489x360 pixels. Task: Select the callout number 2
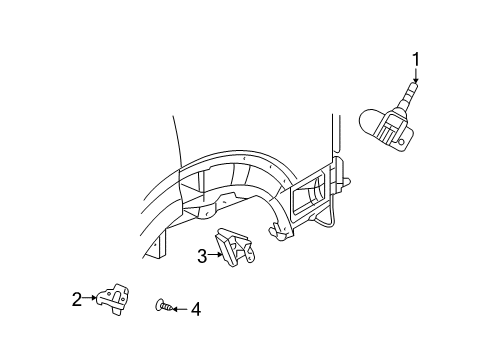tap(76, 297)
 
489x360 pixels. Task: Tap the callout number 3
tap(202, 256)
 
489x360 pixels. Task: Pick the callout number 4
tap(195, 309)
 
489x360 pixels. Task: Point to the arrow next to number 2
tap(89, 297)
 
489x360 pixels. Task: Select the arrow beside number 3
tap(215, 256)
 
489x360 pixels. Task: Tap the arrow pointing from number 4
tap(180, 309)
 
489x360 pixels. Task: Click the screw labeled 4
tap(162, 307)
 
